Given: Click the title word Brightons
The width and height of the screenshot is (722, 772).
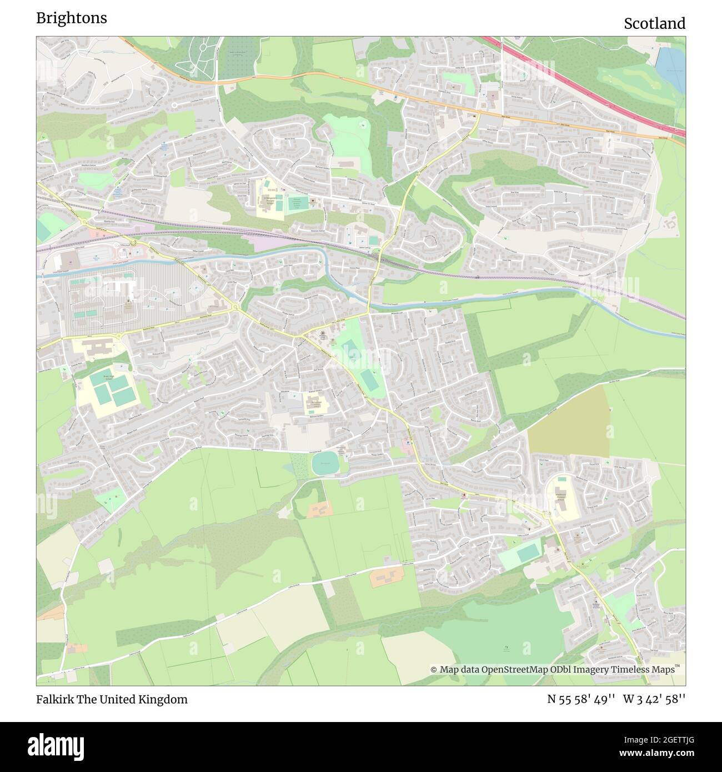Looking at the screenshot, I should (x=72, y=18).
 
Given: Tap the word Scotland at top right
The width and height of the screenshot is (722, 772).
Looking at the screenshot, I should (x=654, y=23).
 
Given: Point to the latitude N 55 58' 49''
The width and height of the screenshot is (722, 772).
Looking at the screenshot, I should (x=581, y=699).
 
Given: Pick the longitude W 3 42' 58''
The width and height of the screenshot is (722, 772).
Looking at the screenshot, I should (x=654, y=699).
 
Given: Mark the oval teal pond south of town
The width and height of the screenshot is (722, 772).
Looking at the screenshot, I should (x=325, y=463).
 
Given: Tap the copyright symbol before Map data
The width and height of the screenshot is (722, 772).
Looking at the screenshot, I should (x=434, y=670).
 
